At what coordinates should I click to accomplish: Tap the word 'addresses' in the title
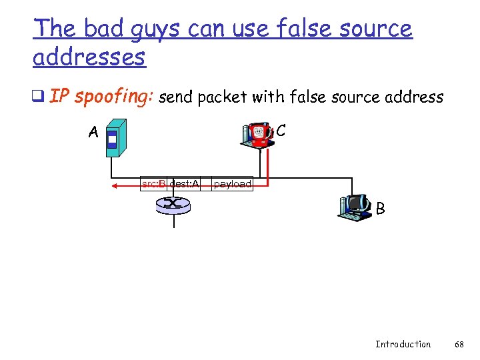pos(89,58)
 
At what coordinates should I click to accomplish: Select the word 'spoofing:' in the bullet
pos(115,97)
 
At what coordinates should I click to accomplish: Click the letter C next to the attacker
pos(281,131)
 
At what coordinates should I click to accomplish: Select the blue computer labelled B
pos(355,207)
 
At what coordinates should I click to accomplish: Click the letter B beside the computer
pos(380,209)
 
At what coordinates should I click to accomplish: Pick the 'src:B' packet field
pos(153,183)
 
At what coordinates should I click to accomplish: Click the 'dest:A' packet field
pos(184,183)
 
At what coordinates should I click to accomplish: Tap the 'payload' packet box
pos(233,183)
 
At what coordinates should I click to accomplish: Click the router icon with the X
pos(173,205)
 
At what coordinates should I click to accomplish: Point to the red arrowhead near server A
pos(115,186)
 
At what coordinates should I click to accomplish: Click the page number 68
pos(459,344)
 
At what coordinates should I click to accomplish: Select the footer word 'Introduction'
pos(403,344)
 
